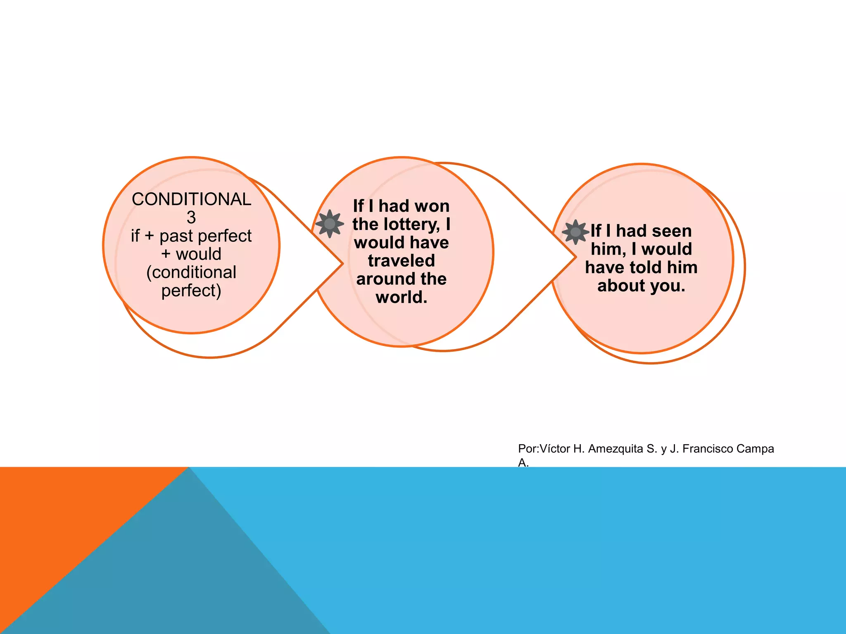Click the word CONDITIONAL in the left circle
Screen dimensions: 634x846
pyautogui.click(x=191, y=199)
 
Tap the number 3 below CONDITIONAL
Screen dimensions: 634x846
pyautogui.click(x=191, y=218)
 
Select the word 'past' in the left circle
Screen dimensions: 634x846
pyautogui.click(x=176, y=236)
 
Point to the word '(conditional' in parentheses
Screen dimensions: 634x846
pyautogui.click(x=191, y=272)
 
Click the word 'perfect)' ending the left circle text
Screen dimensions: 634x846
pyautogui.click(x=191, y=291)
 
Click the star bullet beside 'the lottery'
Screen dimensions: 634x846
pyautogui.click(x=330, y=224)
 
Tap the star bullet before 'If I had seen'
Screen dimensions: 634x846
pyautogui.click(x=575, y=232)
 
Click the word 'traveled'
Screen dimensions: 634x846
pyautogui.click(x=402, y=261)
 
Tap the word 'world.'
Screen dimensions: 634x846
pyautogui.click(x=402, y=297)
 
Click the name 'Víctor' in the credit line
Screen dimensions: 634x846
pyautogui.click(x=555, y=449)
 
